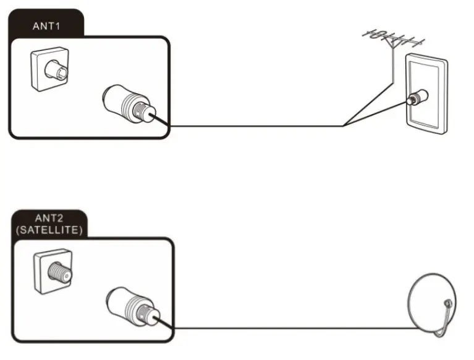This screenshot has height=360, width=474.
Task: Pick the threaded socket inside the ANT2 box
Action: (x=53, y=270)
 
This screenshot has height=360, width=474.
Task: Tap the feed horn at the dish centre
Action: (x=446, y=304)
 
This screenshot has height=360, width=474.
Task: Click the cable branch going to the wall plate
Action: (x=377, y=112)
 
